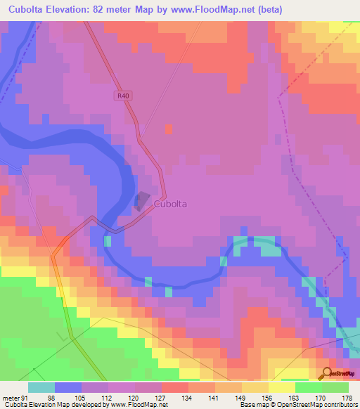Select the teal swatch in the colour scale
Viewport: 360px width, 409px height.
tap(41, 387)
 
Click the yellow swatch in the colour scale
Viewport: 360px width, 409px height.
tap(282, 387)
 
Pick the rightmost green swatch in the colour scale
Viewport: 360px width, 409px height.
tap(335, 387)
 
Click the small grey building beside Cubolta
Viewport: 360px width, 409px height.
tap(143, 201)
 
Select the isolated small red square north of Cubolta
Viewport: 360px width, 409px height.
tap(169, 129)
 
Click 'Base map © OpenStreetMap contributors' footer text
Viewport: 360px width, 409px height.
tap(297, 405)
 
